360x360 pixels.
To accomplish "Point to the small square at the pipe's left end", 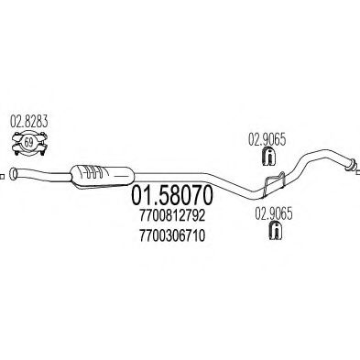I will [3, 174].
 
